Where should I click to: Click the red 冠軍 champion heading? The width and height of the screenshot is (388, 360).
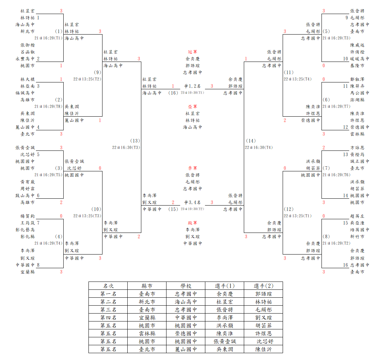tap(192, 52)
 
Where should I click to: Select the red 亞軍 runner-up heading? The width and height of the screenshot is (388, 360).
tap(192, 107)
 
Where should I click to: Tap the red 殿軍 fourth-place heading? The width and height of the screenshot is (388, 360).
tap(192, 223)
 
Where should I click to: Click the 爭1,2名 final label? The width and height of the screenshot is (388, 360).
tap(192, 86)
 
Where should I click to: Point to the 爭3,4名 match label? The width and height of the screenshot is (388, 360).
tap(192, 202)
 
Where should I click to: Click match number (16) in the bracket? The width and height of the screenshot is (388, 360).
tap(173, 93)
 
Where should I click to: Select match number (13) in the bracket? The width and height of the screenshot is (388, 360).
tap(135, 141)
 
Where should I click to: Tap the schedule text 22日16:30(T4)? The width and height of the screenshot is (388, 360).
tap(259, 148)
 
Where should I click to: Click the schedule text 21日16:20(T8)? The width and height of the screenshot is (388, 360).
tap(49, 107)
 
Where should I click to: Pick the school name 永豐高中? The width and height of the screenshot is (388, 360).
tap(25, 59)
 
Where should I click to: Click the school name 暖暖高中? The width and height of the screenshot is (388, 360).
tap(360, 59)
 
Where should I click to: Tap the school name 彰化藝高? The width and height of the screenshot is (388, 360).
tap(25, 230)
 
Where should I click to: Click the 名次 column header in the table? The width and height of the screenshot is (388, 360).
tap(108, 286)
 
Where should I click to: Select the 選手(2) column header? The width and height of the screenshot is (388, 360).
tap(264, 286)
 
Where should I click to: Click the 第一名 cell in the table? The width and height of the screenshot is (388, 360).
tap(108, 294)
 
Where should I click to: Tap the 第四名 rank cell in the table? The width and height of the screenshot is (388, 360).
tap(108, 318)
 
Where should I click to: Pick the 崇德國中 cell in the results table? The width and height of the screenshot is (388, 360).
tap(186, 333)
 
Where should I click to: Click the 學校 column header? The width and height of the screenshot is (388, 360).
tap(186, 286)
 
